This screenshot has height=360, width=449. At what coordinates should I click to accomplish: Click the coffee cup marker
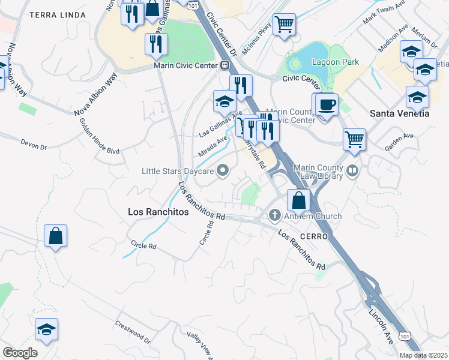pyautogui.click(x=327, y=104)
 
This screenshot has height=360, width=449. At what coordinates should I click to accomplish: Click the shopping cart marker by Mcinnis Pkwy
pyautogui.click(x=284, y=25)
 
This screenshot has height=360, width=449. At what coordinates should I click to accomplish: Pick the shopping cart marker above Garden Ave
pyautogui.click(x=355, y=139)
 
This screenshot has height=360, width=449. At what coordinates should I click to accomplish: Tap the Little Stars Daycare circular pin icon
pyautogui.click(x=223, y=171)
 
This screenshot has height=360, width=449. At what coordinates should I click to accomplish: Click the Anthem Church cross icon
pyautogui.click(x=276, y=215)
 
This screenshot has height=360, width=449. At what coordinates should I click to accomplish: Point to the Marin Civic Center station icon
pyautogui.click(x=225, y=65)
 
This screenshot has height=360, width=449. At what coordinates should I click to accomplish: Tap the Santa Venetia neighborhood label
pyautogui.click(x=399, y=113)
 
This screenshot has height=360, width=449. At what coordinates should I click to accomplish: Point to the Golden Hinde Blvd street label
pyautogui.click(x=99, y=137)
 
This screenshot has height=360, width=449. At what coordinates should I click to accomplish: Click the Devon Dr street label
pyautogui.click(x=34, y=145)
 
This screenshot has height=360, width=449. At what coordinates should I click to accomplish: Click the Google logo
pyautogui.click(x=20, y=353)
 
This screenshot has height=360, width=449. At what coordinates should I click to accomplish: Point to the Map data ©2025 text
pyautogui.click(x=423, y=355)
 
